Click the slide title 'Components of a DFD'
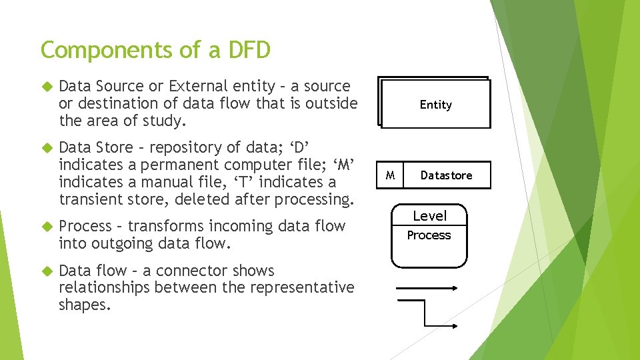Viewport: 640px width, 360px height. tap(155, 50)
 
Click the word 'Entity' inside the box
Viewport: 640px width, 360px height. tap(435, 105)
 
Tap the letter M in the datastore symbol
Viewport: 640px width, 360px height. tap(391, 175)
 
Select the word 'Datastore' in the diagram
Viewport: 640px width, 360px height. tap(446, 175)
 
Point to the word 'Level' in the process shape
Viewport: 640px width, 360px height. tap(429, 216)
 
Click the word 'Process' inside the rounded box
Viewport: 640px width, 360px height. tap(429, 235)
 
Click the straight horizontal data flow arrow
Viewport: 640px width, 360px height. tap(427, 289)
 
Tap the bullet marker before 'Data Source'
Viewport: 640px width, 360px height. tap(46, 87)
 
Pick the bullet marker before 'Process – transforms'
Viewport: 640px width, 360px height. tap(46, 227)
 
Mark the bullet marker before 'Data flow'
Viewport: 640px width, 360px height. tap(46, 271)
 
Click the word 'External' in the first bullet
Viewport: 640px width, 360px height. tap(197, 86)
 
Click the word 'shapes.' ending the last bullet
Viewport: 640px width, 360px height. tap(85, 305)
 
